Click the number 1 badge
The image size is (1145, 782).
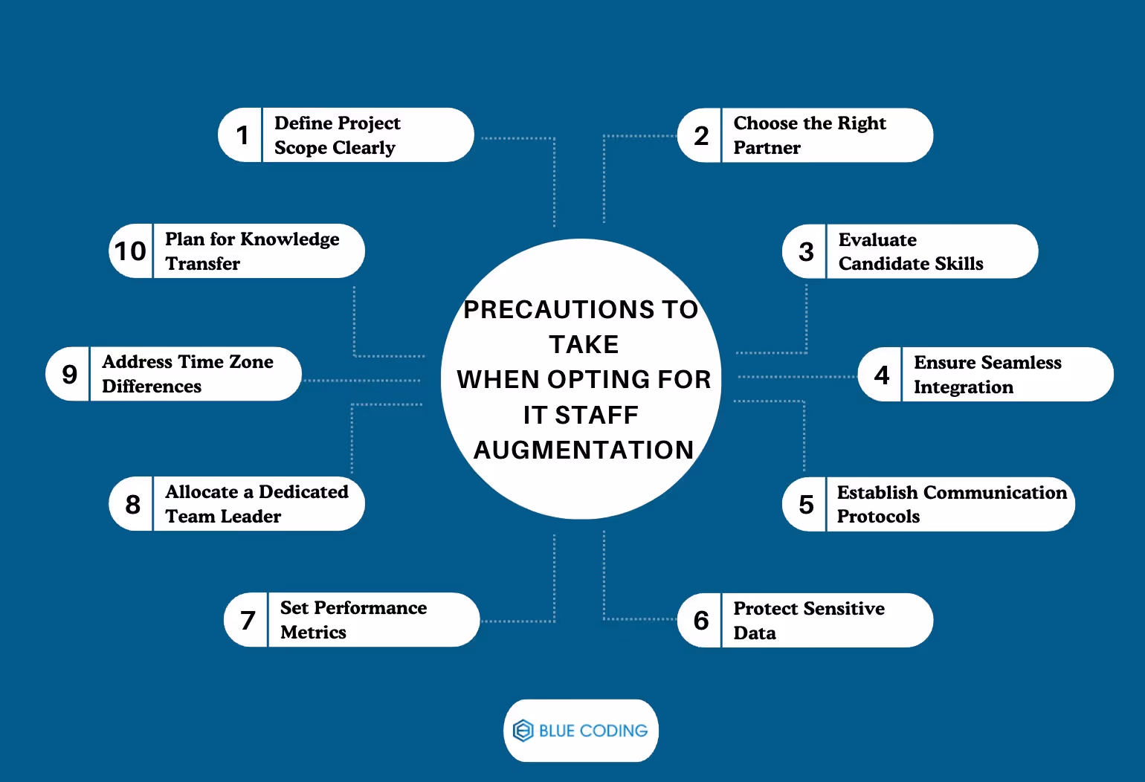(242, 135)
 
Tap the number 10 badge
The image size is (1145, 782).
(130, 251)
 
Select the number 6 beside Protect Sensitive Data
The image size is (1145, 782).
(700, 621)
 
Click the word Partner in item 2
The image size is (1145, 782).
(767, 148)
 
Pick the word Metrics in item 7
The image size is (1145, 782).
(313, 633)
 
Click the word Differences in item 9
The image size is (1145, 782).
(152, 387)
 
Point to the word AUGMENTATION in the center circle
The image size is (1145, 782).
(584, 450)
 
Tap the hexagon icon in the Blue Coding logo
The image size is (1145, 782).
(523, 731)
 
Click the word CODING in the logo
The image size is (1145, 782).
(613, 731)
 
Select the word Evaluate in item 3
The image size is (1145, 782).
(877, 240)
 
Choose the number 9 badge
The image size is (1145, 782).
(69, 374)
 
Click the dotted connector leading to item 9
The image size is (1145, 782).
(361, 381)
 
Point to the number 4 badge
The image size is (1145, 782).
(882, 375)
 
